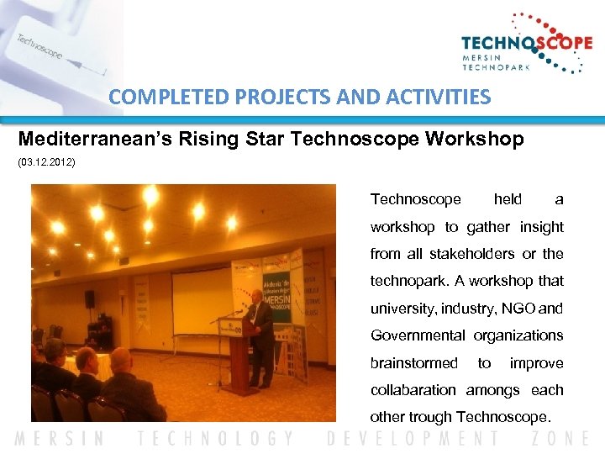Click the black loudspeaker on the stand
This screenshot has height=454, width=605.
tap(90, 299)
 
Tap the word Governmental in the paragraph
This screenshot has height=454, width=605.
tap(418, 335)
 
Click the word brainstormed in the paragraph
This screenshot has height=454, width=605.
tap(414, 363)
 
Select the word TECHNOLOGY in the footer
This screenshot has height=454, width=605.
tap(217, 438)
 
